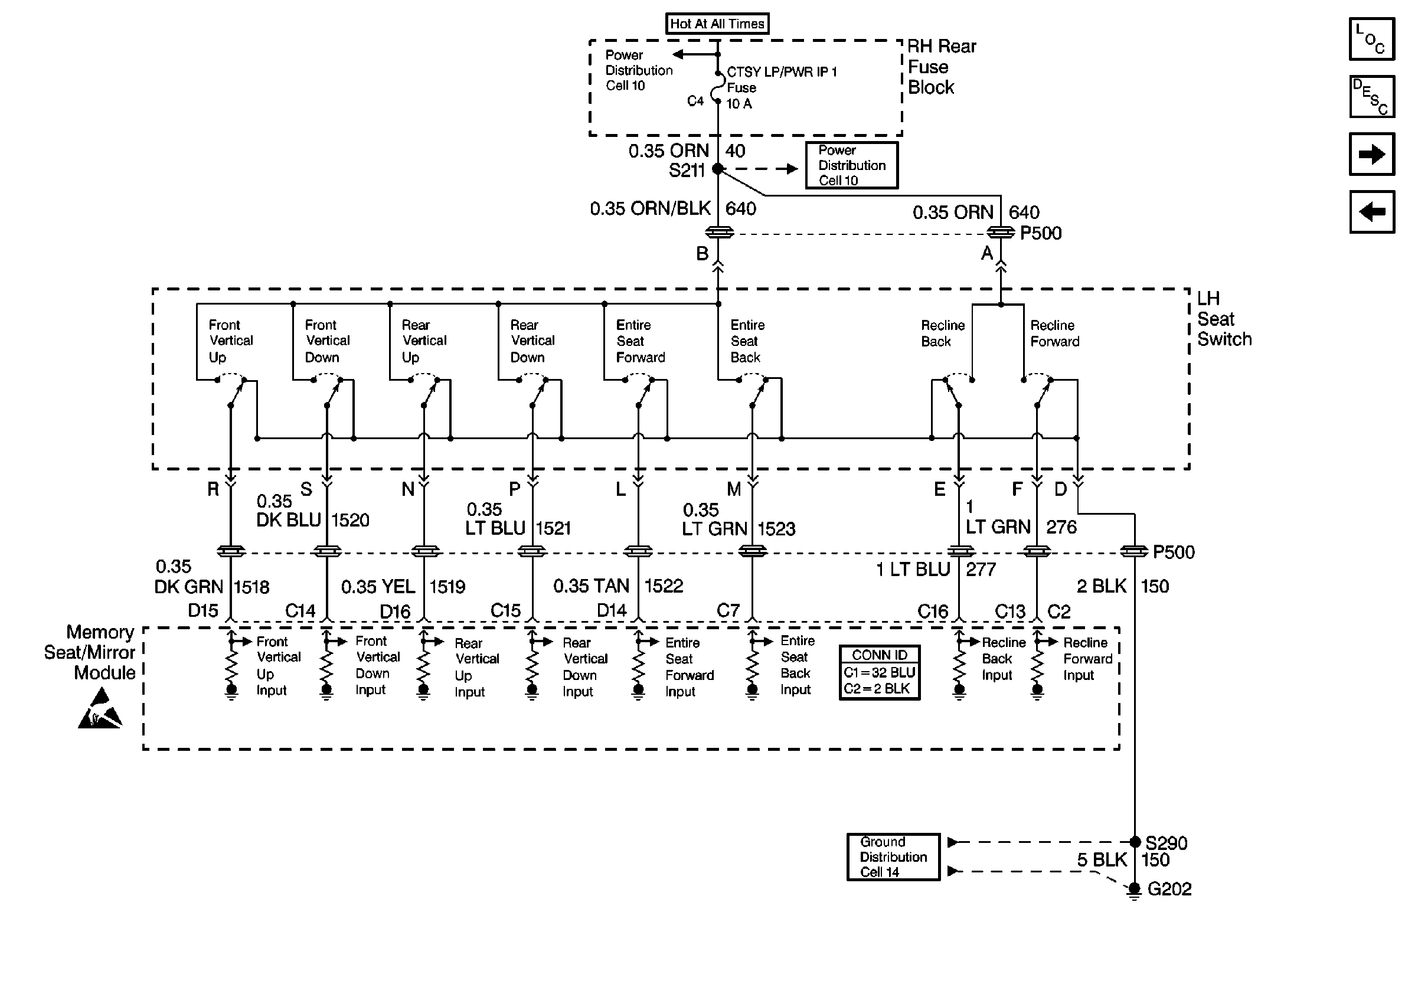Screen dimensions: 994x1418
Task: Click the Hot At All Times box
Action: [717, 24]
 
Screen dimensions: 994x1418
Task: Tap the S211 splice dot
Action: [718, 169]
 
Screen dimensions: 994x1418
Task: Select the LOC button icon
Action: [1372, 40]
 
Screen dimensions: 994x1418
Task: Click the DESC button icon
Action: [1372, 97]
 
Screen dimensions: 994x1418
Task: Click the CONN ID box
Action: [880, 672]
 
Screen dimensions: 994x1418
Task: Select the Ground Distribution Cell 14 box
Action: [893, 857]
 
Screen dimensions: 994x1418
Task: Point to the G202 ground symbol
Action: [1134, 890]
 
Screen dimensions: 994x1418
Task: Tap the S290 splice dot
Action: [1135, 842]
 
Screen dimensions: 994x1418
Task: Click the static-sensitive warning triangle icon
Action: [100, 710]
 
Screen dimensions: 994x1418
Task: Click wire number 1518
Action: [251, 587]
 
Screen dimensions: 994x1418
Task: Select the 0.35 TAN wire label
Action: [591, 586]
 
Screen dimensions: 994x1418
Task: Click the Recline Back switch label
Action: [942, 333]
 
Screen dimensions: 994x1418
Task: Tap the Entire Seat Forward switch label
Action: [641, 341]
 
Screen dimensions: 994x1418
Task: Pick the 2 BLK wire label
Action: [1101, 586]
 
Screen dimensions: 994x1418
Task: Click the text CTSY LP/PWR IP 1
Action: [782, 72]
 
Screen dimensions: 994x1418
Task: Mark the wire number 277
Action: [981, 569]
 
